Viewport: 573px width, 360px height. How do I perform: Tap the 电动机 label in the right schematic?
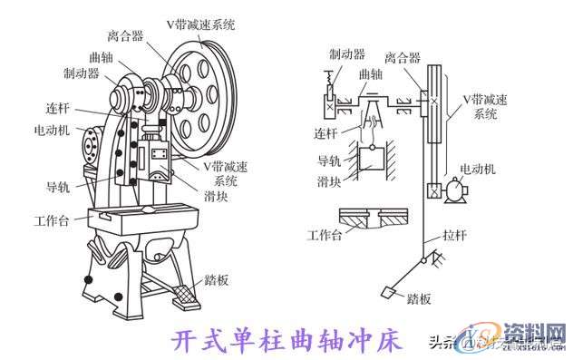pos(478,169)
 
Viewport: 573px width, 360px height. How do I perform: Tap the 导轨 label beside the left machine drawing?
pos(58,187)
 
